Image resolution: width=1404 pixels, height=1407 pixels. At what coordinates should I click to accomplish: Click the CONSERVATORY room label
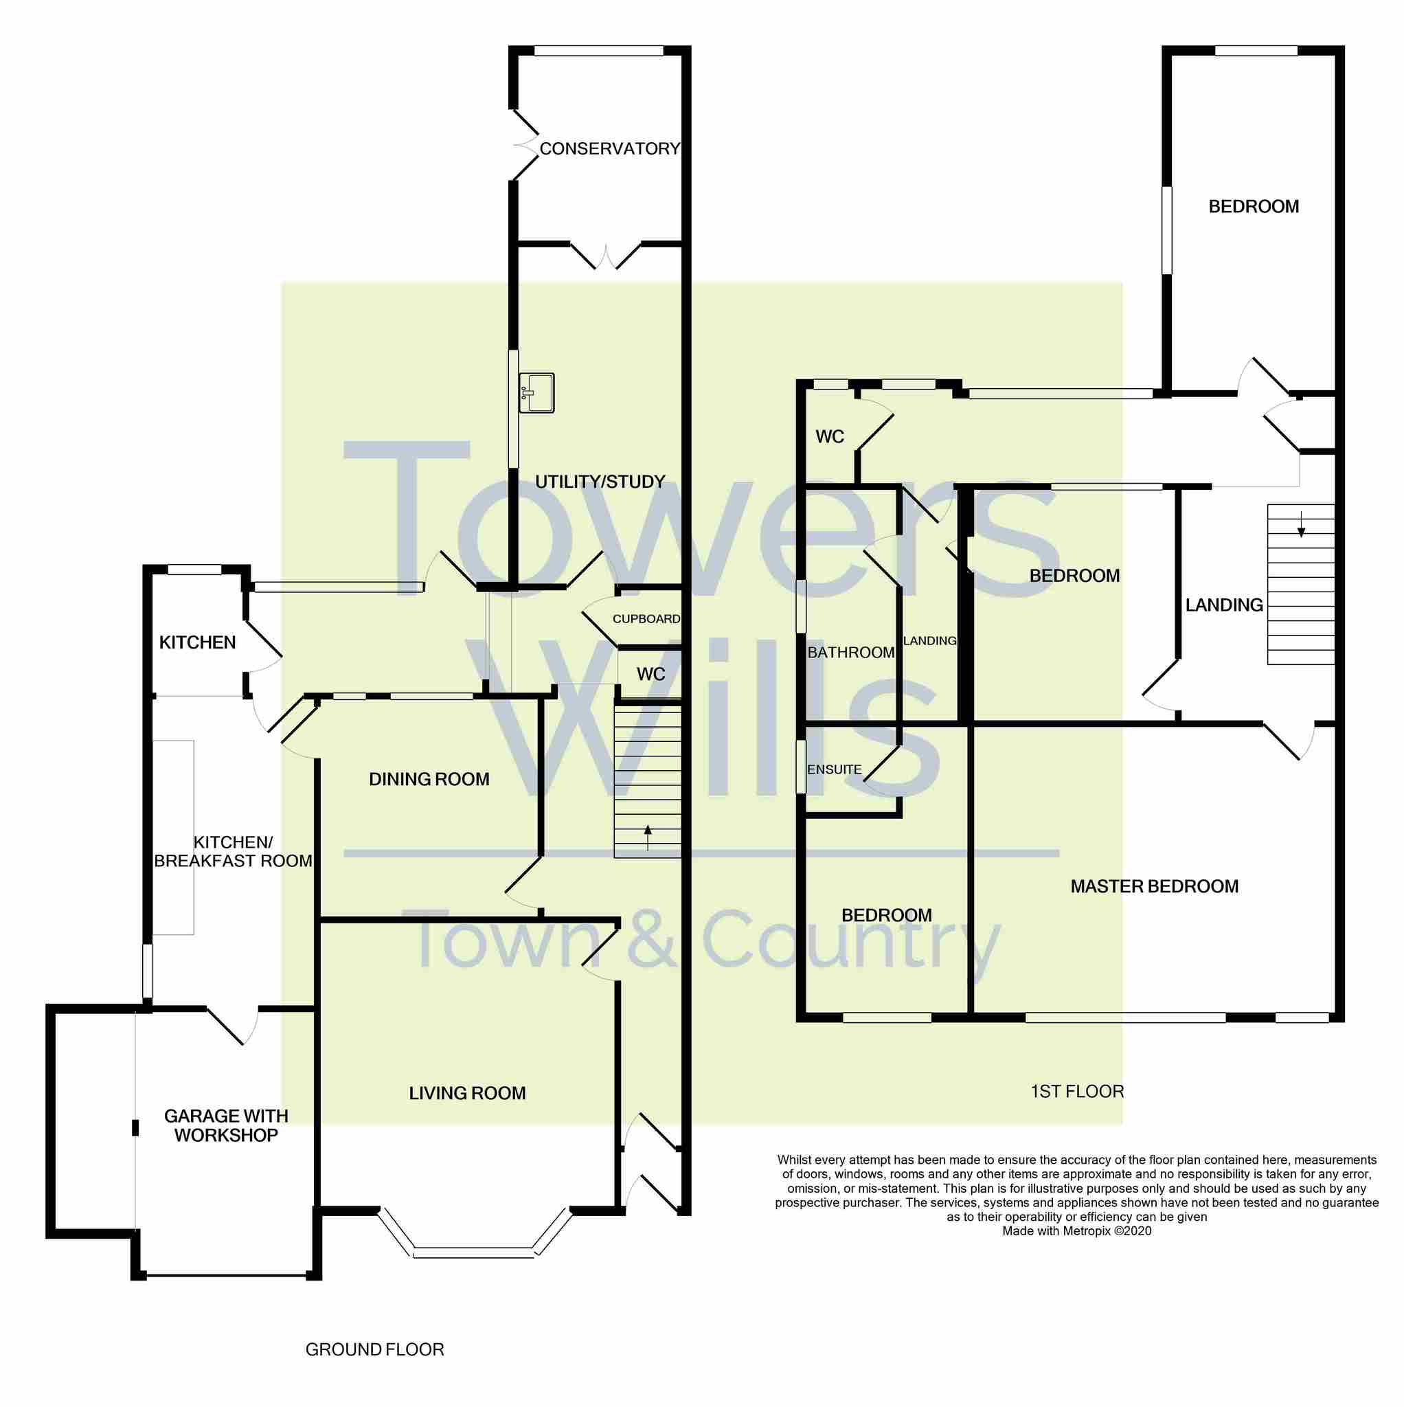click(x=609, y=148)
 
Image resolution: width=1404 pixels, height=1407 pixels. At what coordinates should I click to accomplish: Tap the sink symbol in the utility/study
click(x=536, y=392)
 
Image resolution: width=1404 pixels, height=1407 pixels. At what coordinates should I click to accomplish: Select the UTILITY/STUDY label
click(x=600, y=482)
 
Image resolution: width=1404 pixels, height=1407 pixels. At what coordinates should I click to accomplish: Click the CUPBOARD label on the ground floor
click(x=646, y=619)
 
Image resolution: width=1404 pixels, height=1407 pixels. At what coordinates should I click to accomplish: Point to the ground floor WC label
click(x=650, y=675)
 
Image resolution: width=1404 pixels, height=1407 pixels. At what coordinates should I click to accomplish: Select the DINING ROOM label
click(x=429, y=779)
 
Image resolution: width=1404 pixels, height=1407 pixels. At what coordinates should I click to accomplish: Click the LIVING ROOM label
click(x=467, y=1093)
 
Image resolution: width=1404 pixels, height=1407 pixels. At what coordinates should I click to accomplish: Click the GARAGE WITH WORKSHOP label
click(x=226, y=1125)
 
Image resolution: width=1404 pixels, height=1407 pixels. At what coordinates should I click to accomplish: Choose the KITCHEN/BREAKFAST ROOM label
click(x=233, y=851)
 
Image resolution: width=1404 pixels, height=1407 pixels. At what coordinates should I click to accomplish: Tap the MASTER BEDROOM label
click(x=1153, y=886)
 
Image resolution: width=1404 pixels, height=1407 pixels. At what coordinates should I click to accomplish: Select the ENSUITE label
click(x=834, y=769)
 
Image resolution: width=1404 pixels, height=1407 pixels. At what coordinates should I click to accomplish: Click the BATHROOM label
click(x=850, y=653)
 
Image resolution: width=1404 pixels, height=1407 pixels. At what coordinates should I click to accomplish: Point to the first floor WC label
click(x=830, y=436)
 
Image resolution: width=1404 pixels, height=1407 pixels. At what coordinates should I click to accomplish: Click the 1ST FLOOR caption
click(x=1077, y=1091)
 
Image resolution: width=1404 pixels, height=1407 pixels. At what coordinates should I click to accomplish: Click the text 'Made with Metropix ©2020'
click(x=1076, y=1230)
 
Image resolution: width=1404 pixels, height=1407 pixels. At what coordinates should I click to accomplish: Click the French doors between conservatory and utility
click(x=605, y=256)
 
